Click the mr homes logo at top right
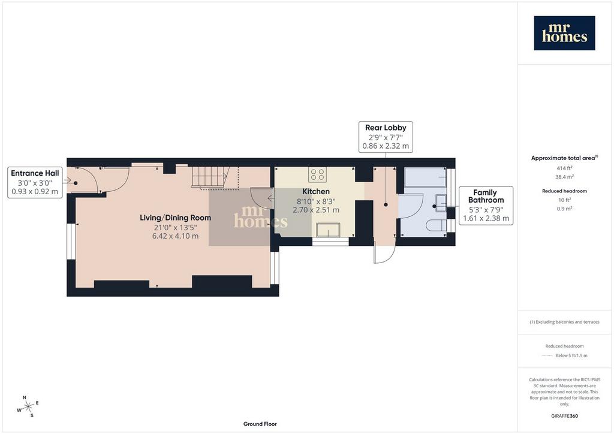click(564, 33)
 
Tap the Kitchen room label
click(316, 191)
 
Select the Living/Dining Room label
click(175, 218)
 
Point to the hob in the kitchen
click(317, 174)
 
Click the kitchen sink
click(328, 230)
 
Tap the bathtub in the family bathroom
click(425, 177)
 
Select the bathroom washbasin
click(441, 203)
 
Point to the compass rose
click(28, 406)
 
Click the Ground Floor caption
click(260, 424)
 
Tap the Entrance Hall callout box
click(35, 182)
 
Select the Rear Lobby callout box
click(386, 137)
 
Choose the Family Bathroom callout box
click(486, 206)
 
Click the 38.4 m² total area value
click(564, 176)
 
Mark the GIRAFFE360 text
click(564, 416)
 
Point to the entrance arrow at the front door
click(67, 180)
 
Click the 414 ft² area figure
click(564, 168)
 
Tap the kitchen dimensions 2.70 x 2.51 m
click(316, 210)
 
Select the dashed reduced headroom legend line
click(547, 355)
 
